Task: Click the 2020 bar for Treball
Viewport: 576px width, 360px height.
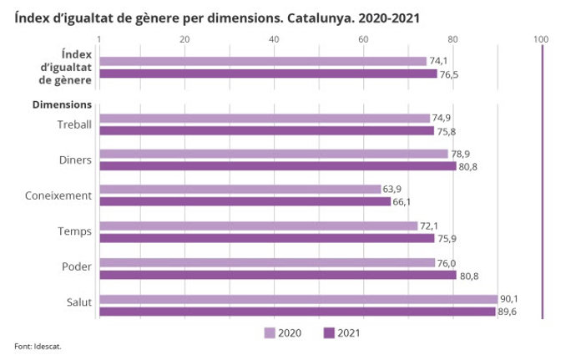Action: (264, 119)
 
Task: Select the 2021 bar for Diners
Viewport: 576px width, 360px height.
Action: (277, 166)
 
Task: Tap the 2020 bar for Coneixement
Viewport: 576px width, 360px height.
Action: (240, 190)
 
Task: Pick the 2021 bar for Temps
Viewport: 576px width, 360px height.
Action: (266, 238)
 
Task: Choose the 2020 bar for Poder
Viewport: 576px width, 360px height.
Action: (266, 262)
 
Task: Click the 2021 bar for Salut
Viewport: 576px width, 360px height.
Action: (297, 312)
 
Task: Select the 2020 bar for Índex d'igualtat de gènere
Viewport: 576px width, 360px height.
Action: (262, 61)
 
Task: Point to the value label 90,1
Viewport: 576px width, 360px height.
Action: (509, 298)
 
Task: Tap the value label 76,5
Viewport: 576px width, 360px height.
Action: (450, 75)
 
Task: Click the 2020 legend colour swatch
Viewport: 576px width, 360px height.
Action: (270, 333)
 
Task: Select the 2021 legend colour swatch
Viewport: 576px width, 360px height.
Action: (329, 333)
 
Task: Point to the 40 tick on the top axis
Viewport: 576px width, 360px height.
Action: (274, 39)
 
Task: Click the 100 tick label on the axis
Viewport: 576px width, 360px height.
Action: (541, 39)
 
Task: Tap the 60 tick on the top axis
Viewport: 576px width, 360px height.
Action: (362, 39)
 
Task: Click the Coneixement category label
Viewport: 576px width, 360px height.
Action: (58, 195)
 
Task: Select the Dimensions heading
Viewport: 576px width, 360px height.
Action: (62, 105)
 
